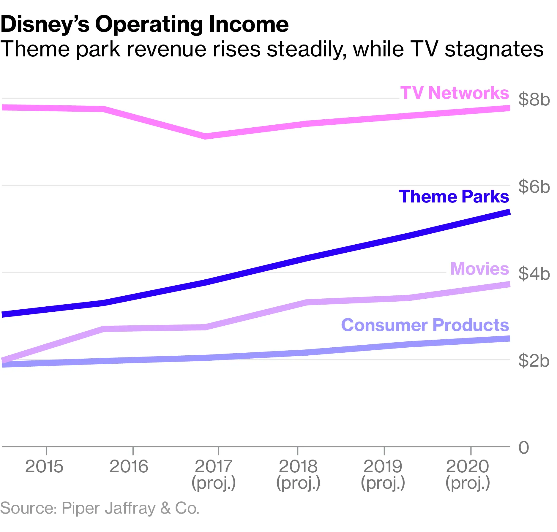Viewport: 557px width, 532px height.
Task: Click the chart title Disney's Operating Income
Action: pyautogui.click(x=144, y=24)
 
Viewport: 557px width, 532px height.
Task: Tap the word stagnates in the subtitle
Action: pyautogui.click(x=494, y=49)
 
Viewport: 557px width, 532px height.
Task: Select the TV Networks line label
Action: pyautogui.click(x=455, y=93)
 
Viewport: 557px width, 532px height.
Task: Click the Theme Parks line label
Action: pyautogui.click(x=454, y=197)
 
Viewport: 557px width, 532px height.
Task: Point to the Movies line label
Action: pyautogui.click(x=479, y=269)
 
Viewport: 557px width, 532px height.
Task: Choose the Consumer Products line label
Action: pyautogui.click(x=425, y=325)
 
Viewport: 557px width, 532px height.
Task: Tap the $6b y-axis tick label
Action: pyautogui.click(x=534, y=187)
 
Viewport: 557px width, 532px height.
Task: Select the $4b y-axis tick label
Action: pyautogui.click(x=534, y=274)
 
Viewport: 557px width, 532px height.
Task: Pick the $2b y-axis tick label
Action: pyautogui.click(x=534, y=361)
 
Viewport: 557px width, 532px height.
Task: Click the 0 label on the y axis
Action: pyautogui.click(x=524, y=448)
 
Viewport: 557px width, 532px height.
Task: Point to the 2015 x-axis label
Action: pyautogui.click(x=44, y=467)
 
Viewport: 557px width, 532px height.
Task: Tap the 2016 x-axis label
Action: pyautogui.click(x=129, y=467)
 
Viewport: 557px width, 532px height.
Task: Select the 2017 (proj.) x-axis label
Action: pyautogui.click(x=214, y=474)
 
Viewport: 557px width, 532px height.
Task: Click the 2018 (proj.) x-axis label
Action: pyautogui.click(x=298, y=474)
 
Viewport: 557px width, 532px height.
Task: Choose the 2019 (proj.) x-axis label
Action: pyautogui.click(x=383, y=474)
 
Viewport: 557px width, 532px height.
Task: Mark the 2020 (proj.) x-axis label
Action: pyautogui.click(x=468, y=474)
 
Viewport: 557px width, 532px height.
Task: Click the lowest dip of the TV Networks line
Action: pyautogui.click(x=206, y=136)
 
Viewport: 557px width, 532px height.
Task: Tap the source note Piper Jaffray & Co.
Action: pyautogui.click(x=100, y=508)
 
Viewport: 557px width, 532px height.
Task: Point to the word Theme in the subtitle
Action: pyautogui.click(x=35, y=49)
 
